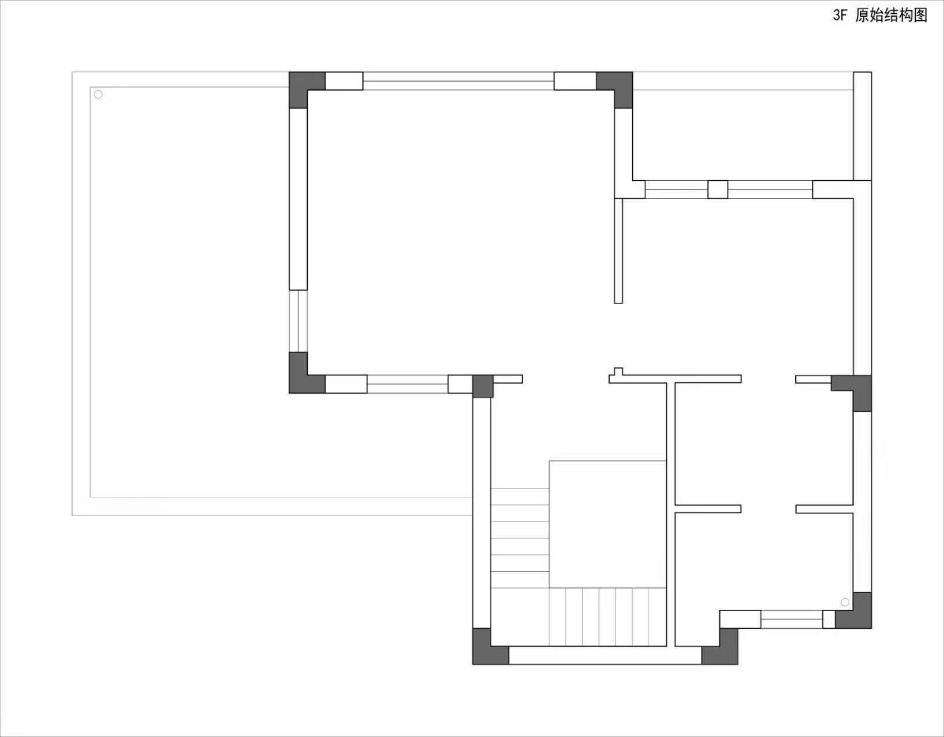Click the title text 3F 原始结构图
tap(880, 16)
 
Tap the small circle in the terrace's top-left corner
tap(98, 94)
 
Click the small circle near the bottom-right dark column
tap(845, 602)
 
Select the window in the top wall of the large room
tap(458, 81)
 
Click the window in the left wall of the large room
tap(298, 321)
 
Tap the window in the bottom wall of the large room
tap(407, 384)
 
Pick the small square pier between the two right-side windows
tap(718, 189)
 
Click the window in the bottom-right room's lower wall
tap(791, 620)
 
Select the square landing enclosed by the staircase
tap(608, 525)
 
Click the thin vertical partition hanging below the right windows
tap(618, 251)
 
